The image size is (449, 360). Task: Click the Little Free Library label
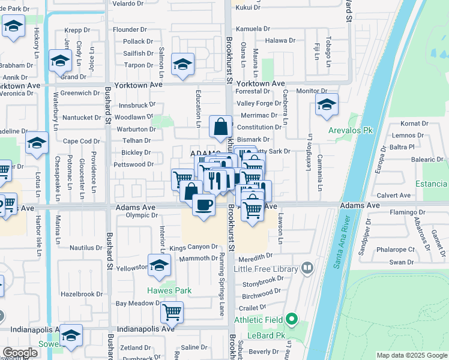[x=270, y=268]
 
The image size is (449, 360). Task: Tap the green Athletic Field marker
[x=292, y=319]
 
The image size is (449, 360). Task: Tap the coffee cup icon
[x=203, y=205]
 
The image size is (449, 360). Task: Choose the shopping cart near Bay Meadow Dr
[x=172, y=311]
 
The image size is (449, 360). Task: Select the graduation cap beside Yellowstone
[x=159, y=265]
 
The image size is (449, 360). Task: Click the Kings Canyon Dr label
[x=193, y=247]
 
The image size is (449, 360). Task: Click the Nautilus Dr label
[x=86, y=247]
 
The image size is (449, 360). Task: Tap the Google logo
[x=20, y=353]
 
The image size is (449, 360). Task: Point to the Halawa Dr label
[x=281, y=40]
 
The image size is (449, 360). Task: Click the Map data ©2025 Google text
[x=411, y=355]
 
